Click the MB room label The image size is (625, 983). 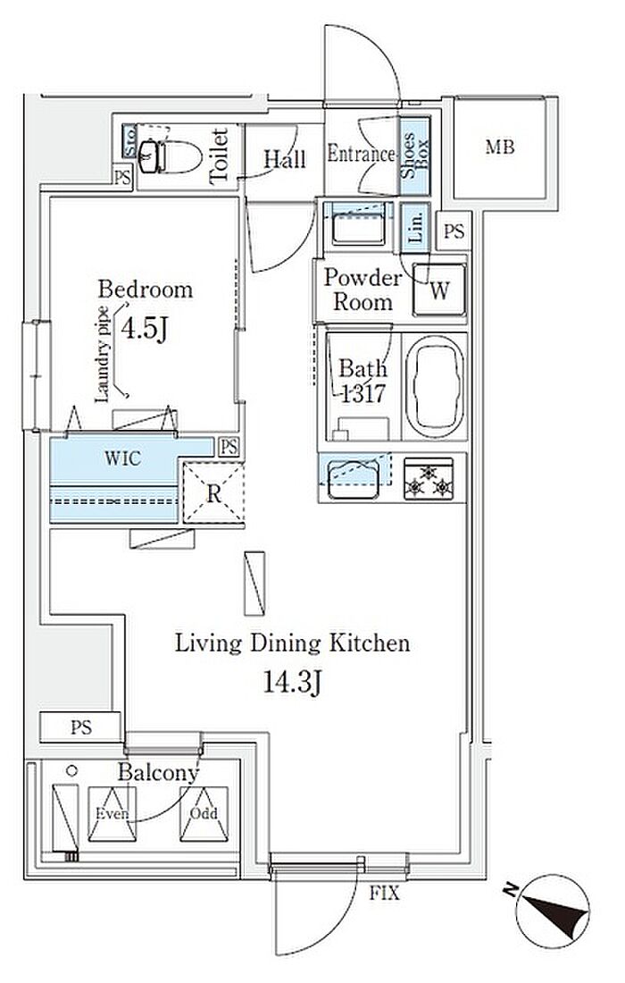(500, 147)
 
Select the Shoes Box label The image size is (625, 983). (415, 155)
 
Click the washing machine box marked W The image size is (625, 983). (439, 290)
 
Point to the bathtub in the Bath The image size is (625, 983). (435, 387)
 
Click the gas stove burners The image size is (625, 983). (429, 480)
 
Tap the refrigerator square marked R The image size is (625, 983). (212, 493)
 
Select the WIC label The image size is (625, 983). (122, 458)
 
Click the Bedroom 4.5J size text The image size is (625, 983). (144, 329)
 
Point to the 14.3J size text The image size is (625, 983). (292, 683)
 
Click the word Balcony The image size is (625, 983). (158, 772)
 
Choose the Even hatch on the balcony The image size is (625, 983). (112, 813)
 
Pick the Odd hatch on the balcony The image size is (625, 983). (204, 813)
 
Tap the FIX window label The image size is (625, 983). (384, 893)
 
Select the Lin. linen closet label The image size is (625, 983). (415, 227)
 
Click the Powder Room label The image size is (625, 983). (362, 290)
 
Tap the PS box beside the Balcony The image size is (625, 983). (80, 727)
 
